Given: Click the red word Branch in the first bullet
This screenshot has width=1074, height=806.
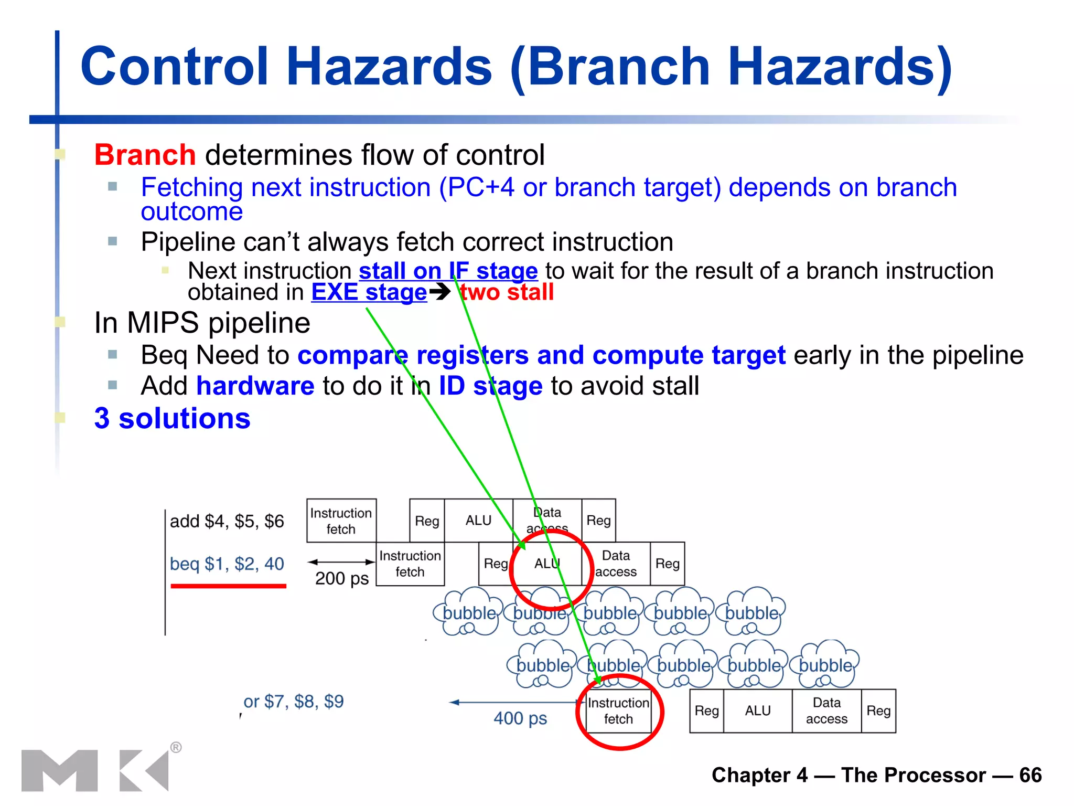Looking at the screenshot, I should [x=145, y=155].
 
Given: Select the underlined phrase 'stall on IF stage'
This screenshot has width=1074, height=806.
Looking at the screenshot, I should [x=448, y=271].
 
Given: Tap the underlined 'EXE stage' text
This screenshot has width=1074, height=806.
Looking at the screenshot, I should [x=369, y=292].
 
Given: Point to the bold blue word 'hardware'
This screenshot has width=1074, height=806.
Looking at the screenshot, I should [x=255, y=386].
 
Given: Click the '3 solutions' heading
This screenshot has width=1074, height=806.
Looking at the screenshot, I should [x=172, y=419].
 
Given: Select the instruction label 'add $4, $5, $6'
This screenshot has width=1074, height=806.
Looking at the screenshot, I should [x=227, y=521].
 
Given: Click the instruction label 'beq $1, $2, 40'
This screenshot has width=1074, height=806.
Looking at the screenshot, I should [x=227, y=564].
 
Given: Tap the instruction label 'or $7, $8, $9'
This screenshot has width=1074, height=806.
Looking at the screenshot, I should [x=293, y=702].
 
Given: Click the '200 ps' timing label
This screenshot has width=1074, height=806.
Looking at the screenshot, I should [x=342, y=578].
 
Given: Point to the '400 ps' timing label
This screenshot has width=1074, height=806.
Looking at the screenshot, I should [x=520, y=718].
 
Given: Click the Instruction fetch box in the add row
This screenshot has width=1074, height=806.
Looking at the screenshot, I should [x=341, y=521].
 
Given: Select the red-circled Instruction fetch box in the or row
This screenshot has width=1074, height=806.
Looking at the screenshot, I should [x=618, y=711].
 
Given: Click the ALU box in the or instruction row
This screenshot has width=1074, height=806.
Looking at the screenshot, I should [x=757, y=711].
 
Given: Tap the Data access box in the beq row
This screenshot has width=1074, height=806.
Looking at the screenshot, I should [x=616, y=564].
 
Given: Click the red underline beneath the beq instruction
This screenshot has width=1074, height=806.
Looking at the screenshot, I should [x=228, y=586].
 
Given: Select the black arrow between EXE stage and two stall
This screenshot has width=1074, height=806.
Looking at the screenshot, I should [x=439, y=292].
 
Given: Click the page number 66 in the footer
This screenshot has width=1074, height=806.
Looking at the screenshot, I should [x=1030, y=775].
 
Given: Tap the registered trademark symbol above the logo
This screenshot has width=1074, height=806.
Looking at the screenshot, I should [x=176, y=747].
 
